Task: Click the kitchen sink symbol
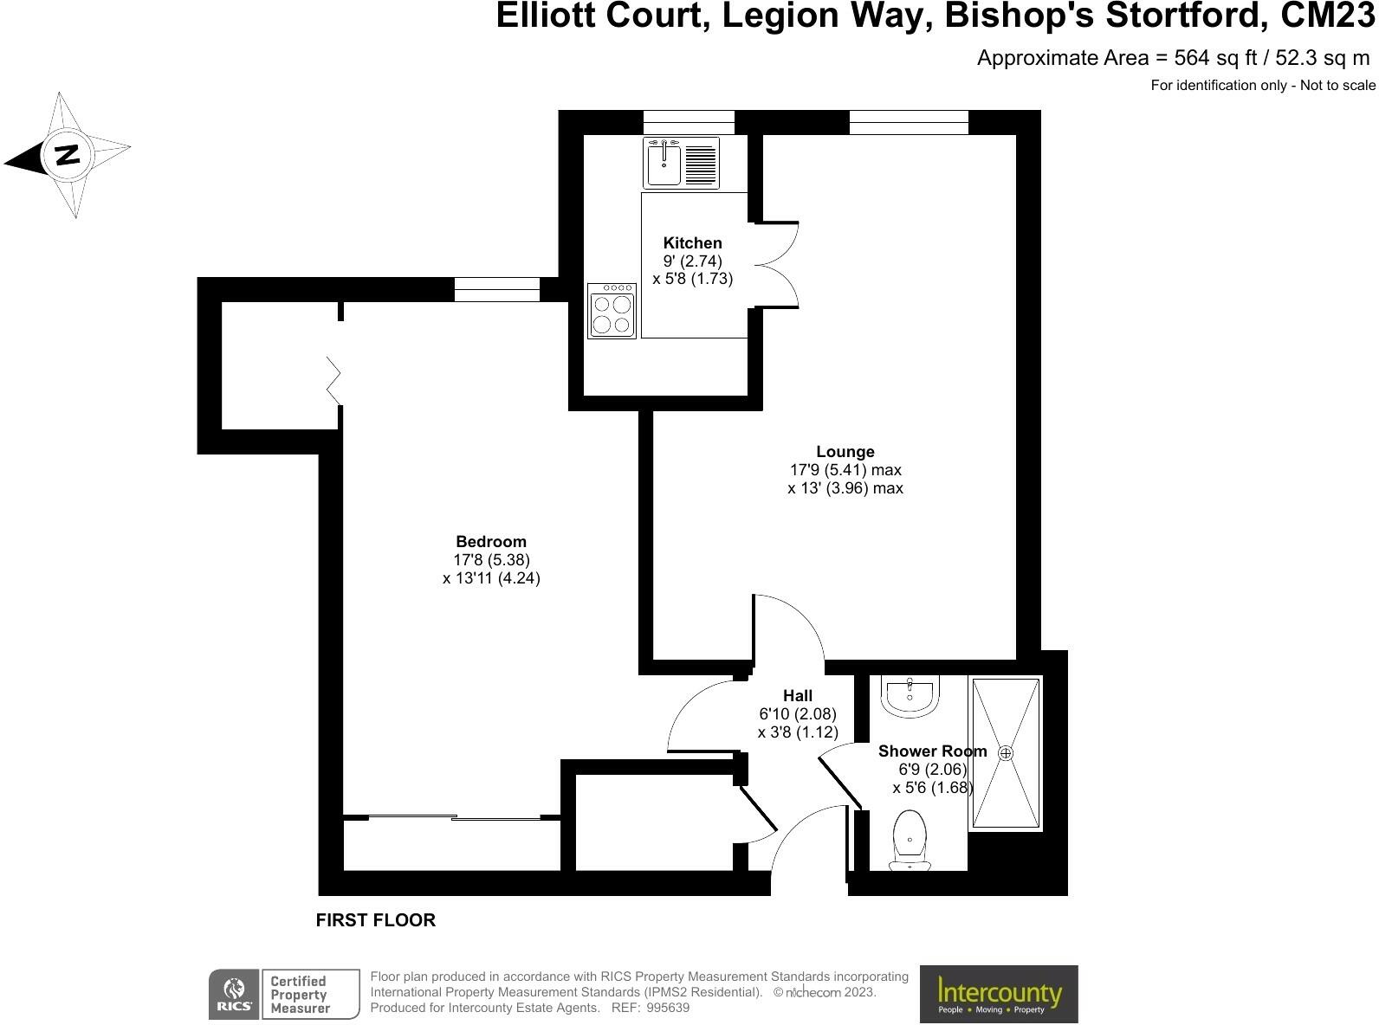pos(664,162)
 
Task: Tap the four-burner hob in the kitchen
pos(612,310)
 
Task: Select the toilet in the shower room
pos(910,838)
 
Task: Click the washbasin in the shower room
pos(910,695)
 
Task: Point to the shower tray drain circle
pos(1006,753)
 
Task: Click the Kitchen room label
pos(692,243)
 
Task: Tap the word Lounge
pos(845,452)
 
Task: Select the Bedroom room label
pos(491,542)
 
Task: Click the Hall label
pos(798,696)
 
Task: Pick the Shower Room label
pos(932,751)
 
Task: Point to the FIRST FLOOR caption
pos(375,920)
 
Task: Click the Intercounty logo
pos(999,994)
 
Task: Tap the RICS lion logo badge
pos(234,994)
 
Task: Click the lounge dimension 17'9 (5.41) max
pos(845,470)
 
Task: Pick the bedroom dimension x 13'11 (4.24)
pos(491,578)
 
